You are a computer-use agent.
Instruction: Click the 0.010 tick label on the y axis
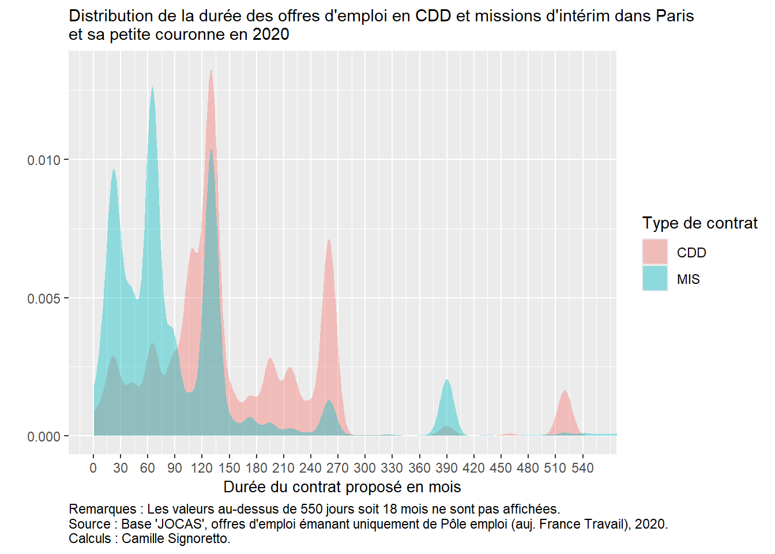pyautogui.click(x=44, y=160)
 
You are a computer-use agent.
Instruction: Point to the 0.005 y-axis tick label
pyautogui.click(x=44, y=298)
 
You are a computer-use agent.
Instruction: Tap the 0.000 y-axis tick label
pyautogui.click(x=44, y=437)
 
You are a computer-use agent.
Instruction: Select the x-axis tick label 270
pyautogui.click(x=337, y=468)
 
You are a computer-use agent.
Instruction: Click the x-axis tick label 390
pyautogui.click(x=446, y=468)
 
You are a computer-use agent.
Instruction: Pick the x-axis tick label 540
pyautogui.click(x=582, y=468)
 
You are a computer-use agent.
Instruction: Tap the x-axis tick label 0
pyautogui.click(x=93, y=468)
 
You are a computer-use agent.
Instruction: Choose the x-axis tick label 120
pyautogui.click(x=202, y=468)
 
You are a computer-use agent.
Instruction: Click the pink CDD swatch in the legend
pyautogui.click(x=655, y=252)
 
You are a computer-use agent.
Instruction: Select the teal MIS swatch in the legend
pyautogui.click(x=655, y=279)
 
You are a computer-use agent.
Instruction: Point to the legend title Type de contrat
pyautogui.click(x=699, y=223)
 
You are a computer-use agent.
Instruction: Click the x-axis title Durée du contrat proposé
pyautogui.click(x=342, y=487)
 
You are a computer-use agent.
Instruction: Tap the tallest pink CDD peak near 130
pyautogui.click(x=211, y=72)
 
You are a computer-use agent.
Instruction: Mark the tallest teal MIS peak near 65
pyautogui.click(x=152, y=88)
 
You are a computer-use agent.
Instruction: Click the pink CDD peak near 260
pyautogui.click(x=329, y=241)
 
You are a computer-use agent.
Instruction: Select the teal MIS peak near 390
pyautogui.click(x=447, y=381)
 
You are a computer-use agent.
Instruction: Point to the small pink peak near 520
pyautogui.click(x=565, y=392)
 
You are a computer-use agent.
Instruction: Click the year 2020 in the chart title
pyautogui.click(x=270, y=35)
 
